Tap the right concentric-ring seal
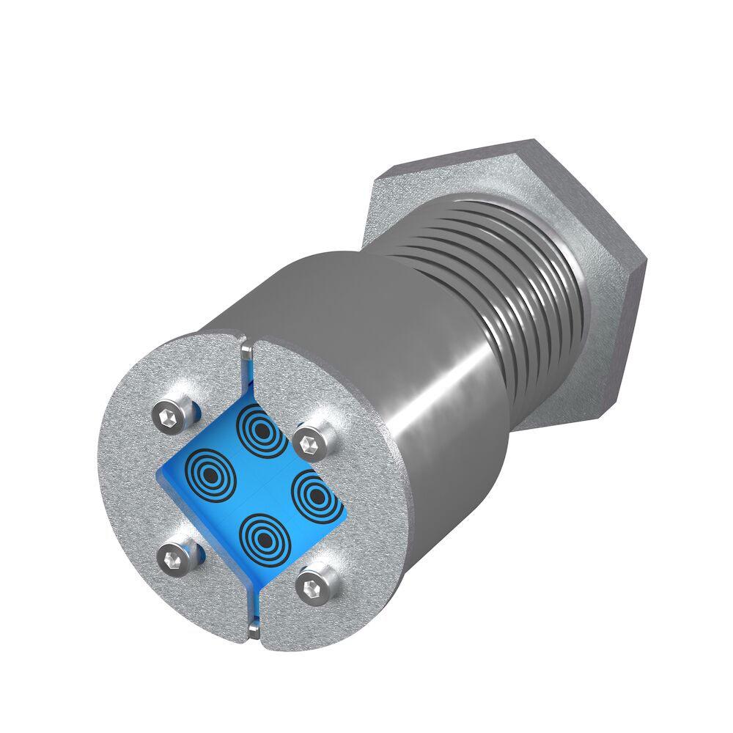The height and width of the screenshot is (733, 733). pos(316,497)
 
